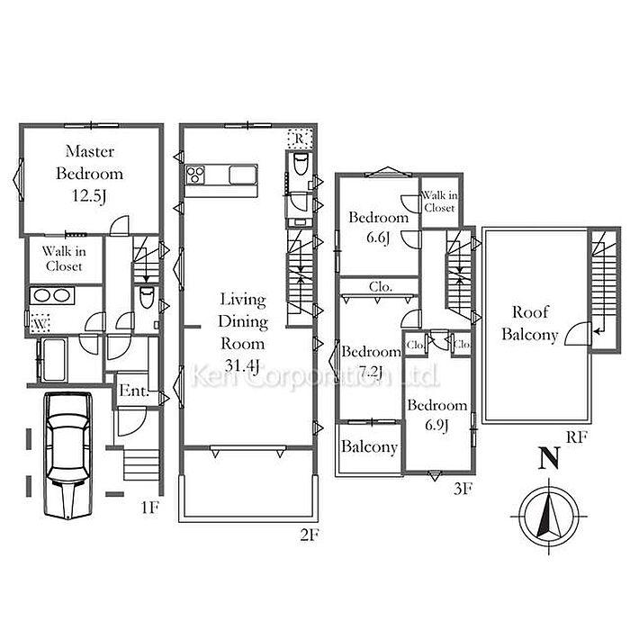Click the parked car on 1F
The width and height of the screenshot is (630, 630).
tap(67, 455)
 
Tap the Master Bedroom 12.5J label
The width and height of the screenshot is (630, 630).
tap(89, 174)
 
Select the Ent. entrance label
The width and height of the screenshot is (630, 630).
tap(134, 390)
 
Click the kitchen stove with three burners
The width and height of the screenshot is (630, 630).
tap(195, 175)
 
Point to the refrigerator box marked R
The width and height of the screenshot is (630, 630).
tap(300, 139)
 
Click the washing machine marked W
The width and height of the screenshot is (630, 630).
tap(40, 323)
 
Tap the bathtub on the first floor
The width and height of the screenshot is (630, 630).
tap(53, 360)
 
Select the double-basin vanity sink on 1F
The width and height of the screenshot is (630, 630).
tap(52, 296)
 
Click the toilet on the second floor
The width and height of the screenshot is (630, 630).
tap(300, 164)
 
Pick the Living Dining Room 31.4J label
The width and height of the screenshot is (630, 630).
tap(243, 333)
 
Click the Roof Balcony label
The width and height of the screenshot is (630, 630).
tap(529, 323)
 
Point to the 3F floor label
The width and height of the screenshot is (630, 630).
tap(462, 489)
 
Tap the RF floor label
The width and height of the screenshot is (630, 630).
tap(577, 437)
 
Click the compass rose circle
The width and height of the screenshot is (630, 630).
tap(549, 517)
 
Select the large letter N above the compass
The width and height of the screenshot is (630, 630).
tap(549, 458)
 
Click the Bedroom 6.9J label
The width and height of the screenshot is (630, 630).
tap(437, 415)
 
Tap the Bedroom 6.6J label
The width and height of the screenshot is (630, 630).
tap(379, 227)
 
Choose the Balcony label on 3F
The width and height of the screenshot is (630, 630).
tap(369, 446)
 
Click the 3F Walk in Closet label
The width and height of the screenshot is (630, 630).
tap(439, 202)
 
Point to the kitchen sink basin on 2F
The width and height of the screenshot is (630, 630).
tap(243, 175)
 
